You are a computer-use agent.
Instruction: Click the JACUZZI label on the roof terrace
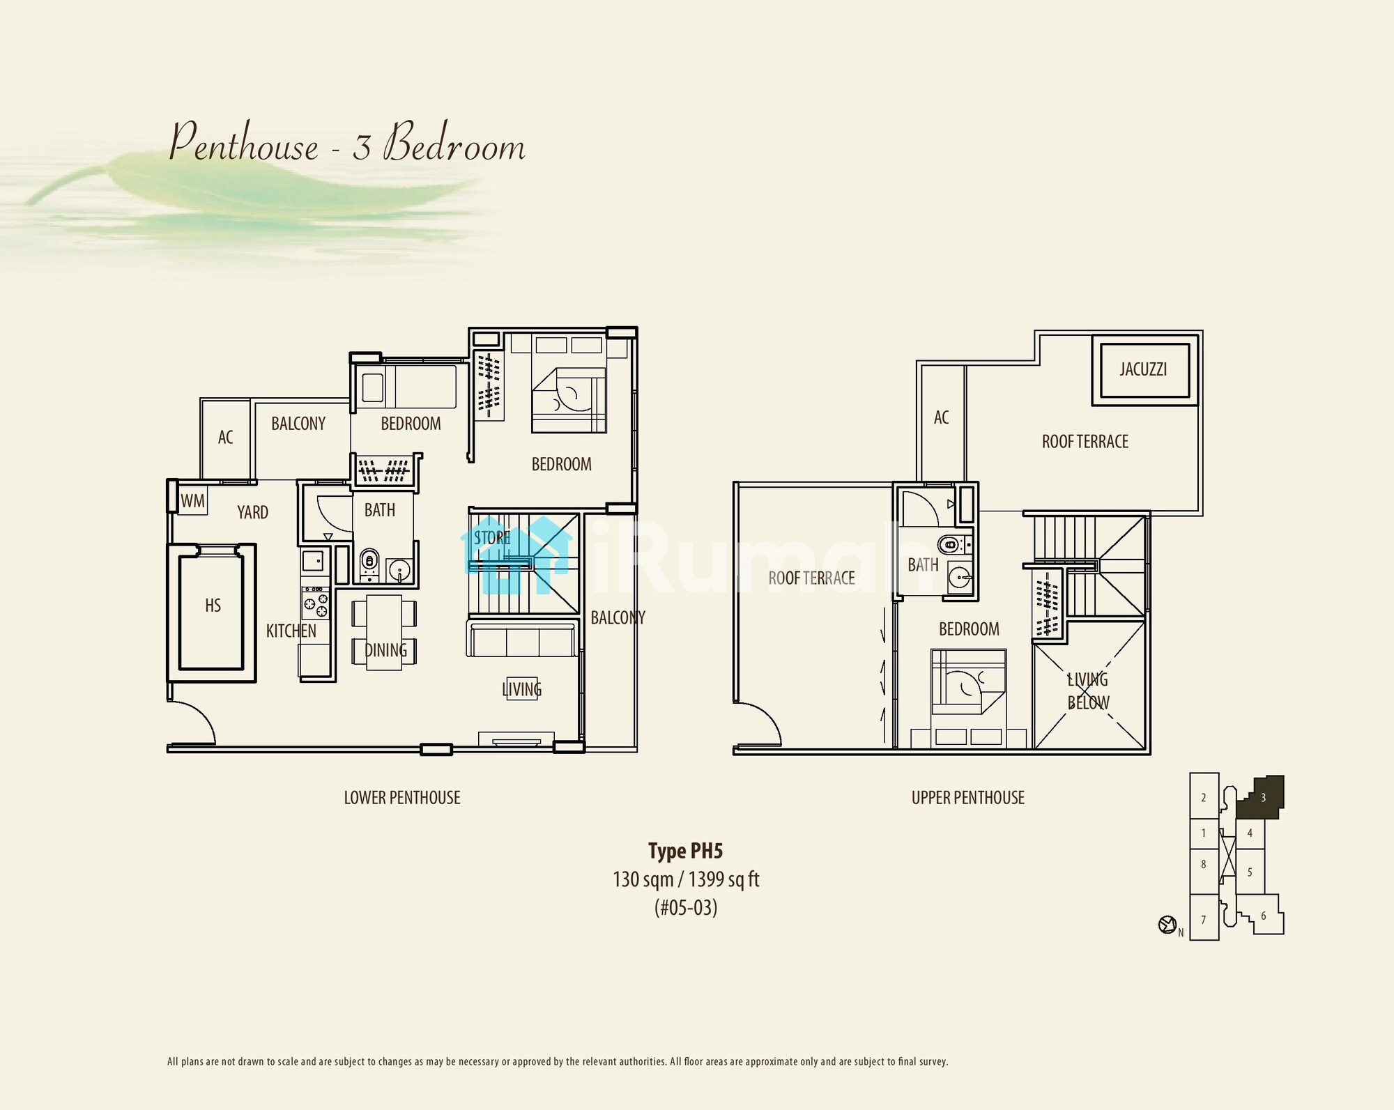tap(1143, 369)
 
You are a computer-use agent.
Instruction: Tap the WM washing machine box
tap(192, 501)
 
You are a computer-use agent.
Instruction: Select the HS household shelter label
tap(213, 606)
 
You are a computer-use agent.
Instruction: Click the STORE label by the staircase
tap(492, 538)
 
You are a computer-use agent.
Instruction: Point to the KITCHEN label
tap(291, 631)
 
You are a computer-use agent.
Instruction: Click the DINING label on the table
tap(385, 651)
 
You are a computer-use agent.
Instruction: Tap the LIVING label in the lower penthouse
tap(522, 690)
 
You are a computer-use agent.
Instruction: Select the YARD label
tap(252, 513)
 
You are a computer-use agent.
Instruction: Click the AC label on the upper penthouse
tap(941, 417)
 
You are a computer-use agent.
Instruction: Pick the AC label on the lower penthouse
tap(225, 438)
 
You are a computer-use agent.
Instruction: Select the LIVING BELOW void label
tap(1088, 691)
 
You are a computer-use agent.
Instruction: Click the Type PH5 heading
tap(686, 851)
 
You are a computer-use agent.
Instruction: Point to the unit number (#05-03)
tap(686, 907)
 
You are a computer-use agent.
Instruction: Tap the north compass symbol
tap(1167, 925)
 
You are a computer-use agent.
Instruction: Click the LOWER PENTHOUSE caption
tap(402, 798)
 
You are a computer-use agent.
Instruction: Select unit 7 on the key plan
tap(1204, 920)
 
